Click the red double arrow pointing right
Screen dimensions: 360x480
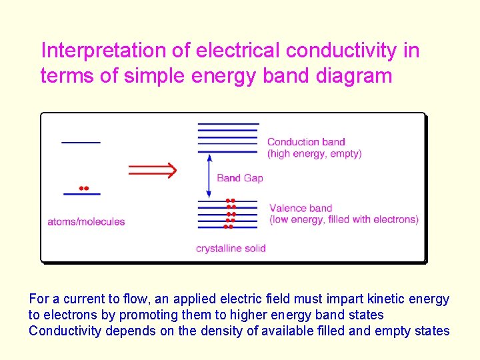pos(152,170)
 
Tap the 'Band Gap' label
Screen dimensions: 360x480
pos(240,178)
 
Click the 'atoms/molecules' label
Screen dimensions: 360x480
pos(86,221)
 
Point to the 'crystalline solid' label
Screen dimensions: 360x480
pos(231,249)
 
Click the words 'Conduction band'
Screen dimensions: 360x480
pos(306,141)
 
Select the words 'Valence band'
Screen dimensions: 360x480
pos(301,208)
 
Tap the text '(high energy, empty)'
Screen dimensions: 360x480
pos(314,153)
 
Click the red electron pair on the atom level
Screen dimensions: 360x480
pos(83,188)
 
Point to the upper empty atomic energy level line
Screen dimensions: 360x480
pos(81,142)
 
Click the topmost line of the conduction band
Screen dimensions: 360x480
pos(227,124)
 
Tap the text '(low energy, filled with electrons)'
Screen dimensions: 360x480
pos(344,219)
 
